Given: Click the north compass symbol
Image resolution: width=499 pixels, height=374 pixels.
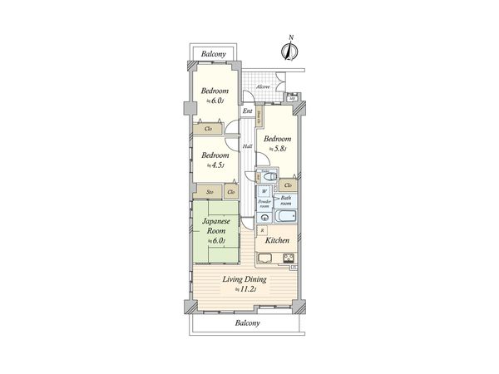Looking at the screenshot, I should point(290,48).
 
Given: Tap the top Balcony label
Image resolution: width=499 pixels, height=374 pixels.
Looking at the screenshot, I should point(214,54).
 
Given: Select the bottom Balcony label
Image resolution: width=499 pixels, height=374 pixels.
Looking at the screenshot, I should point(247,322).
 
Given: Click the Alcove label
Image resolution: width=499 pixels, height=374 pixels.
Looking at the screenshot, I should point(263,86).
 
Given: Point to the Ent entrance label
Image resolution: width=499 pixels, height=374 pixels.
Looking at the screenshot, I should point(247,111).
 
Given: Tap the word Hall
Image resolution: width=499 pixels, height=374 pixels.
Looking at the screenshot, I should point(247,146).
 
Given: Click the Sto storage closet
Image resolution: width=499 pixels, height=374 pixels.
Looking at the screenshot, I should point(210,192).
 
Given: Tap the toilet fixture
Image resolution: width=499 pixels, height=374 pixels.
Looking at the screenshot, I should point(268,177).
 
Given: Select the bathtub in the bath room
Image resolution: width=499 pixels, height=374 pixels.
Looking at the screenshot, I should point(284,216).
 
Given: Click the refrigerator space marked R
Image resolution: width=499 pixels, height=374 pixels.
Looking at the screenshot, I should point(263,229).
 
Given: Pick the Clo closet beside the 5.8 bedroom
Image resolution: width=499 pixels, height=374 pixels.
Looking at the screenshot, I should point(288,185).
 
